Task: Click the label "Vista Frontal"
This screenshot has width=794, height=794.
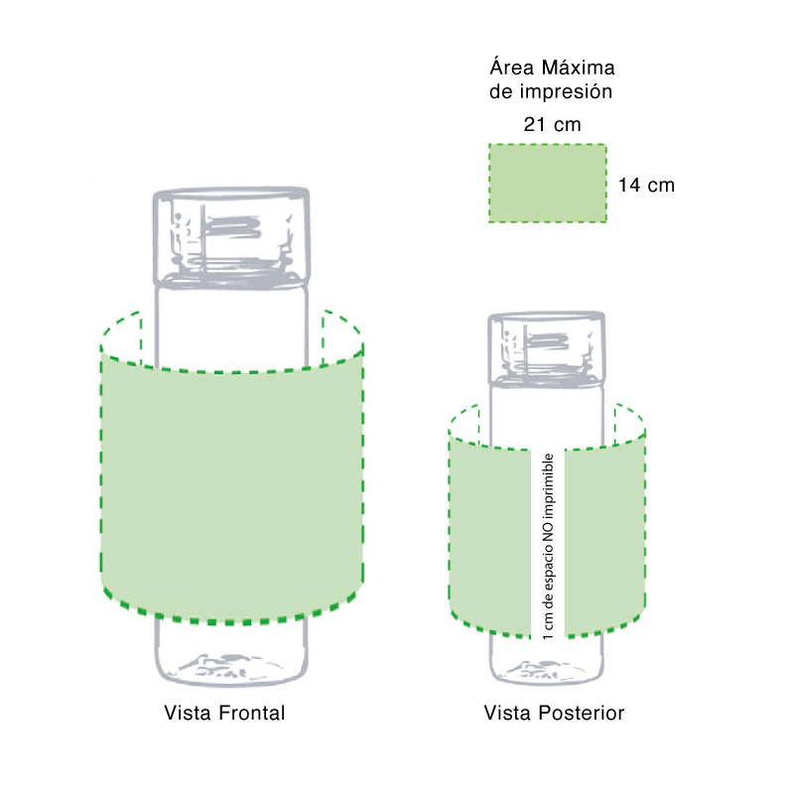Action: coord(224,713)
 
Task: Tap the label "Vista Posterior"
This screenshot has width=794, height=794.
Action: coord(554,713)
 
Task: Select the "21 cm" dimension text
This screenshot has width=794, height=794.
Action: coord(552,124)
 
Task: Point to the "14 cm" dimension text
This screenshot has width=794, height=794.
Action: coord(646,186)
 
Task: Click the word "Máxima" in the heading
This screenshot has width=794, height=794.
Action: coord(579,68)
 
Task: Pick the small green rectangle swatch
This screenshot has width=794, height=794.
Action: coord(548,183)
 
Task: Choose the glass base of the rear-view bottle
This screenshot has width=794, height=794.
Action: coord(548,660)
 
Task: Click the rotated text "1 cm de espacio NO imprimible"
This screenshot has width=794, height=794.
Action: coord(548,544)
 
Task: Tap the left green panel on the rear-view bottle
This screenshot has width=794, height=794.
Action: coord(490,536)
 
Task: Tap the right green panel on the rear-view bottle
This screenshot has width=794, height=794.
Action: coord(606,541)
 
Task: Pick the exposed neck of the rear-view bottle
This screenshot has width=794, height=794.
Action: coord(548,412)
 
